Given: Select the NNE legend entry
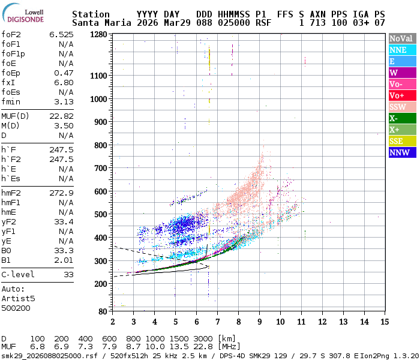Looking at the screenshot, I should [x=402, y=50].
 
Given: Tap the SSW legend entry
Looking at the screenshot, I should [x=402, y=107].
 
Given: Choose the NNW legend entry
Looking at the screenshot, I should [x=402, y=152].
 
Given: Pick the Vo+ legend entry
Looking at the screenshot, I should [x=402, y=95].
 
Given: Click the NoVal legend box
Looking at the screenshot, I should [x=402, y=38].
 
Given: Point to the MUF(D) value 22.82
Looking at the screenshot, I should [x=61, y=116].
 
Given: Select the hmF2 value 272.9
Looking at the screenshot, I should [x=61, y=193].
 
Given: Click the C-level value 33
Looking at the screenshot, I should [x=68, y=275].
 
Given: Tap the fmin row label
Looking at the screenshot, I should [x=11, y=102].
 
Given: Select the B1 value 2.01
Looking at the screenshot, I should [x=64, y=260].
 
